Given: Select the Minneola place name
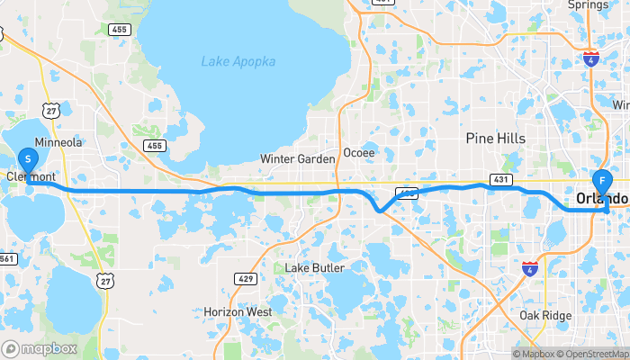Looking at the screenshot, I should [58, 142].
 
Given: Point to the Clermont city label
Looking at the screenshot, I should [32, 177].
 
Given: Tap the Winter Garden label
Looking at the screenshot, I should [297, 159].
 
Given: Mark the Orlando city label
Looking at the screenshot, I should [600, 198].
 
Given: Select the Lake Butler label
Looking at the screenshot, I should [310, 268].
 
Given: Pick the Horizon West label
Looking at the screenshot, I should [238, 311].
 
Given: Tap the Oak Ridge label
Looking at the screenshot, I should [545, 316].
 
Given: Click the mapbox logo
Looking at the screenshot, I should [40, 348].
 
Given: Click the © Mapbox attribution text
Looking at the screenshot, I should [535, 354].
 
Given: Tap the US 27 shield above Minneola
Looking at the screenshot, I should [52, 111].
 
